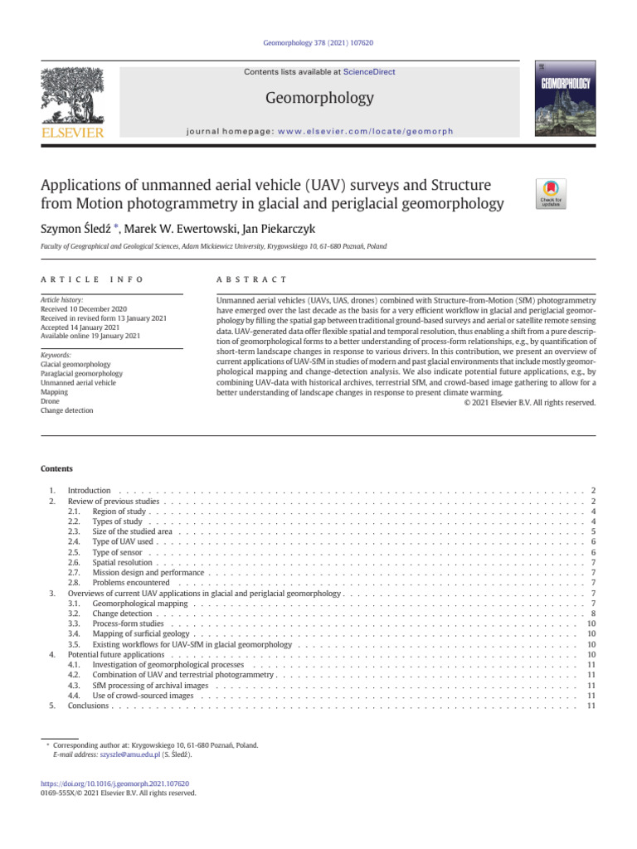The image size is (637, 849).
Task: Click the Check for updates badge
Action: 551,192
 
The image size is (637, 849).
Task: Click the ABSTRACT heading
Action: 251,279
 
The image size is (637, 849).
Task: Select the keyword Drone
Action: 50,400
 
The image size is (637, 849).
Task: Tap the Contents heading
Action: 56,468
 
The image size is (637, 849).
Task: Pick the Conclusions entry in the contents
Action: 89,706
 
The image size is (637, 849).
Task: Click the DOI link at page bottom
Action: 115,784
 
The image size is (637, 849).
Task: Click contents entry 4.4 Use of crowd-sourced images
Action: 143,696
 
